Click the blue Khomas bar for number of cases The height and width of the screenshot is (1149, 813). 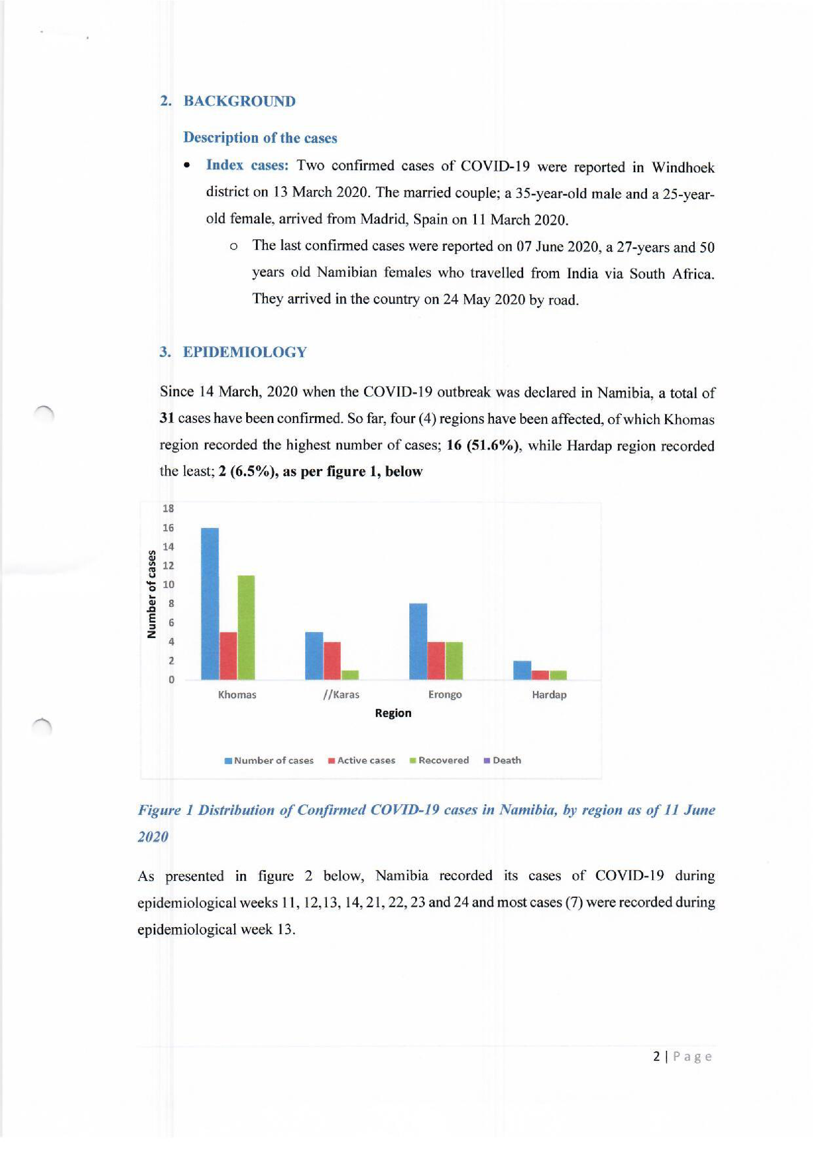[209, 603]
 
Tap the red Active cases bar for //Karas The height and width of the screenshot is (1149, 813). [332, 660]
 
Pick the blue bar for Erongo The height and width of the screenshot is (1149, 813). [418, 642]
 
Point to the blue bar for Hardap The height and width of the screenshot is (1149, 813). [522, 670]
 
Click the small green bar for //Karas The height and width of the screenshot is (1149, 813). [350, 675]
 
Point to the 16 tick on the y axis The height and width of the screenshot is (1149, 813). [168, 528]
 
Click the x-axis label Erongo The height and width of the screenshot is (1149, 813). [444, 695]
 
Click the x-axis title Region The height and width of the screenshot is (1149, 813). [393, 713]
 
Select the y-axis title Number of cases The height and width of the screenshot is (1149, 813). [151, 594]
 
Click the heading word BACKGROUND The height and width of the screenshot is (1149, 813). [239, 101]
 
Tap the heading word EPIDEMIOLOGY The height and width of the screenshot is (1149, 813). [245, 352]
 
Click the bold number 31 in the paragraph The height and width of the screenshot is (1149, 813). [167, 418]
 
